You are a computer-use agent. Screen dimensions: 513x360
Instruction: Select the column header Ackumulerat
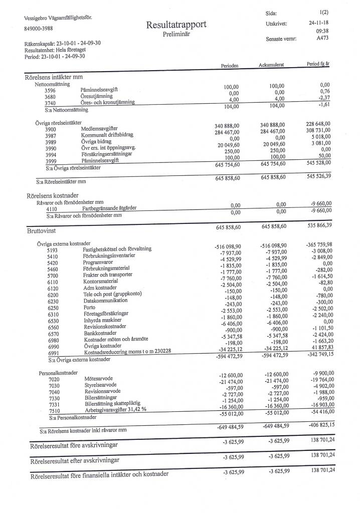(272, 66)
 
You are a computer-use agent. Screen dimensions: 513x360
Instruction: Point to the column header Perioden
(229, 67)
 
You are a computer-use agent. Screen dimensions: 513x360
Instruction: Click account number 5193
(52, 249)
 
